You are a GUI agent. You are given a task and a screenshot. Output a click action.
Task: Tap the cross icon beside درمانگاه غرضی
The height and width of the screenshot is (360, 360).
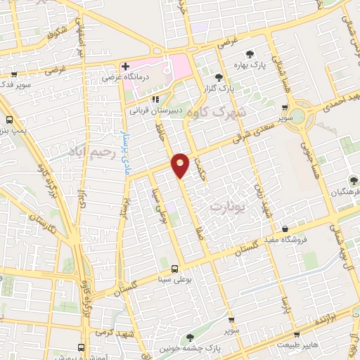(x=125, y=67)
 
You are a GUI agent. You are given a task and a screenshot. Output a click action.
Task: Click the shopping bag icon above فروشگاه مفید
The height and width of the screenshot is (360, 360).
(x=284, y=229)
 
